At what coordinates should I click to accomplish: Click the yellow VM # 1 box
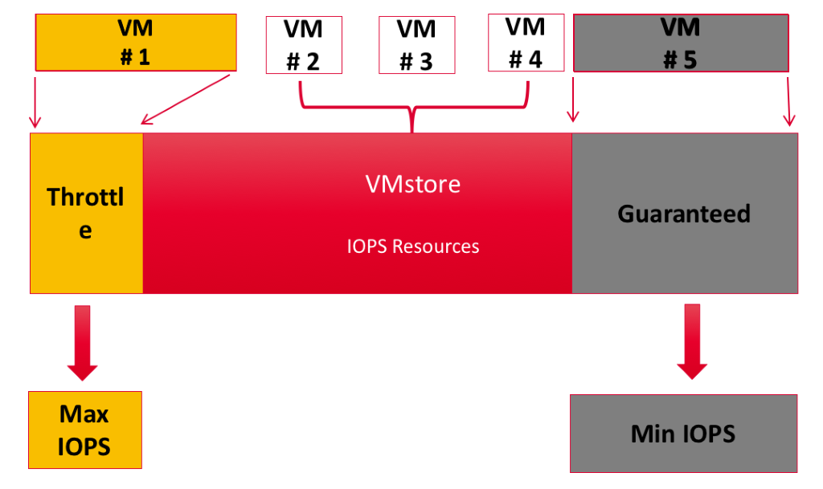(136, 42)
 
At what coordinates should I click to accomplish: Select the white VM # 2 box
(303, 46)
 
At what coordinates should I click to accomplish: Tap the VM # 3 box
(416, 46)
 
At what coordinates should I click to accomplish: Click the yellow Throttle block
(86, 213)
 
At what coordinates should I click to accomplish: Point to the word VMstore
(413, 185)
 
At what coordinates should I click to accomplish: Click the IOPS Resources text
(413, 247)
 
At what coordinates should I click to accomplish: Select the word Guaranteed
(684, 214)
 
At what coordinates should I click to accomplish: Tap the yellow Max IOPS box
(84, 430)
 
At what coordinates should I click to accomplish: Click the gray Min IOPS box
(683, 434)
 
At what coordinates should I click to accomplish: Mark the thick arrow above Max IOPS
(83, 342)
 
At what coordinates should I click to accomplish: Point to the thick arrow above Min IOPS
(692, 340)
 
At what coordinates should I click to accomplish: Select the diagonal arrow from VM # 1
(186, 100)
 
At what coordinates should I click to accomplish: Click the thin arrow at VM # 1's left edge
(34, 100)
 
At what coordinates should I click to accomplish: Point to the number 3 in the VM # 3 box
(426, 62)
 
